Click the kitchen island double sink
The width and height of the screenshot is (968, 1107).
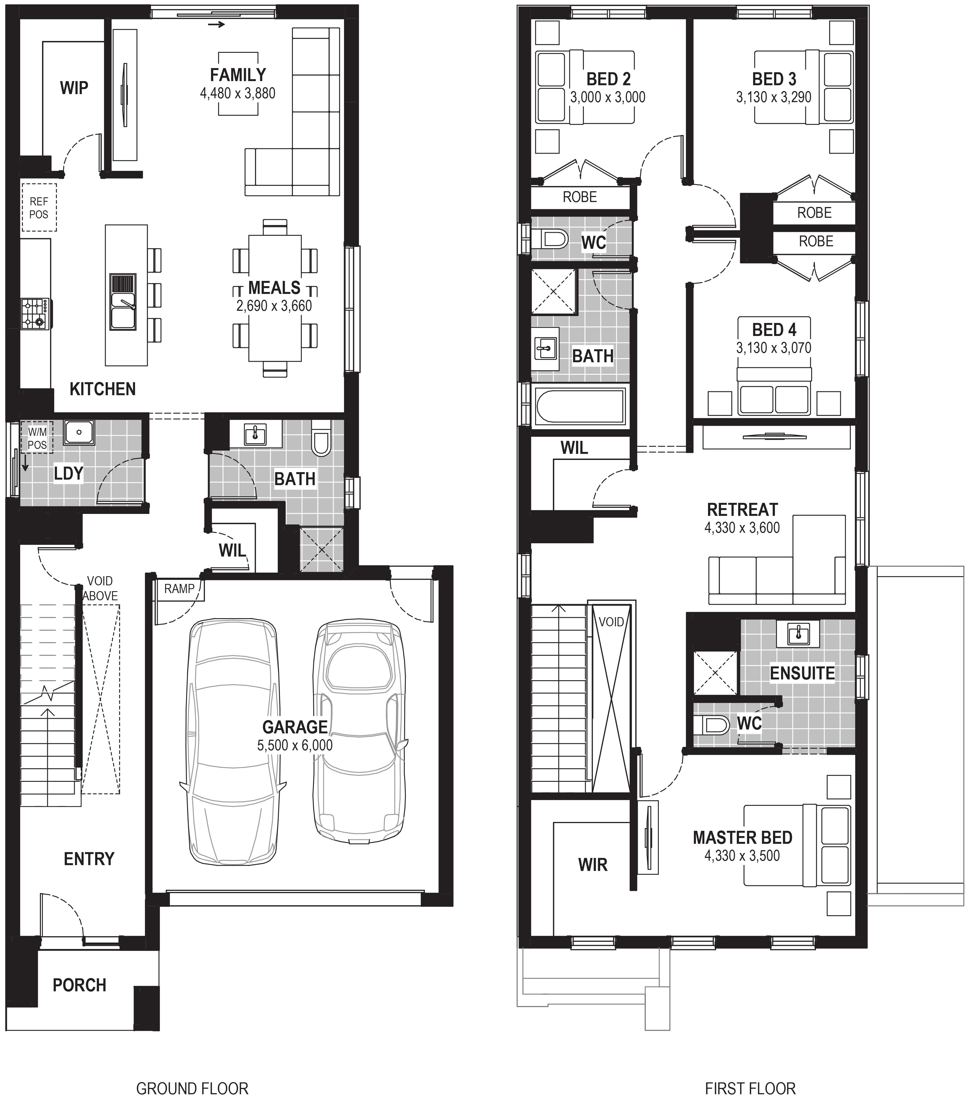pyautogui.click(x=123, y=302)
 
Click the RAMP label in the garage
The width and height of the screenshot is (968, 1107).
pyautogui.click(x=179, y=589)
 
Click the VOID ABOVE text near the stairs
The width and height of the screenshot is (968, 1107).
pyautogui.click(x=100, y=588)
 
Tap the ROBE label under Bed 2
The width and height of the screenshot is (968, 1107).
pyautogui.click(x=580, y=197)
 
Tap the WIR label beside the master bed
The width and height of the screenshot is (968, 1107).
pyautogui.click(x=593, y=865)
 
